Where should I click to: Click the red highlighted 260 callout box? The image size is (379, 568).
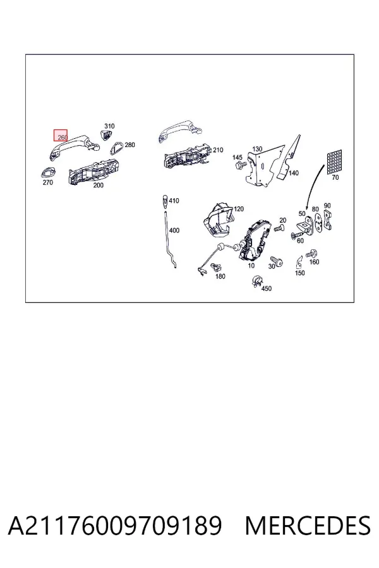click(61, 136)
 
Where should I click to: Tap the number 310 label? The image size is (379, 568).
click(109, 126)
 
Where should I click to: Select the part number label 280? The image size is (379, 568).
click(129, 145)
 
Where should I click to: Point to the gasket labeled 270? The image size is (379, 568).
click(48, 172)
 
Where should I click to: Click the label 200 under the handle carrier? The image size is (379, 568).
click(99, 185)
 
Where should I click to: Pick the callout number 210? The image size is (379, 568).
click(218, 150)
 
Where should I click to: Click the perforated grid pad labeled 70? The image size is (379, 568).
click(334, 162)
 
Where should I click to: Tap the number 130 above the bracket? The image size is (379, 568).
click(257, 149)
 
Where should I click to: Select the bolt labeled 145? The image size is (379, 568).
click(241, 165)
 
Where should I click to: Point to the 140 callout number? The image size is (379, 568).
click(293, 173)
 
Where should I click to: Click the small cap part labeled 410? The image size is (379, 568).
click(164, 201)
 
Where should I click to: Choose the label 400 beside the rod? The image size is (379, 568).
click(174, 230)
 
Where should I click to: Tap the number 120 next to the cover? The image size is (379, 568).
click(239, 209)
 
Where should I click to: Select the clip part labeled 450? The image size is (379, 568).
click(257, 281)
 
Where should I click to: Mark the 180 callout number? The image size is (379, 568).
click(220, 276)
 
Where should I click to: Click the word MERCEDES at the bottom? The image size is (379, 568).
click(308, 526)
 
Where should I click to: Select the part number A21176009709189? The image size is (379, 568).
click(114, 526)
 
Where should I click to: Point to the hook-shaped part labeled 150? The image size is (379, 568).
click(299, 261)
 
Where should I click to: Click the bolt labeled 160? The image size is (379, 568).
click(311, 254)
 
